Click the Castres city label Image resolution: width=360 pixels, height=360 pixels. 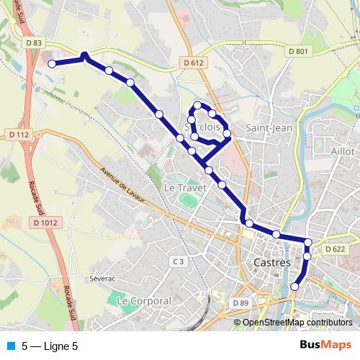coord(272,264)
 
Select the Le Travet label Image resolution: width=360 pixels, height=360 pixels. coord(185,187)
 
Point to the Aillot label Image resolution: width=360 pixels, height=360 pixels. coord(343,151)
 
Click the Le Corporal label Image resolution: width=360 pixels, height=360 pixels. coord(144,300)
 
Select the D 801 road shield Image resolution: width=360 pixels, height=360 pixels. coord(297,51)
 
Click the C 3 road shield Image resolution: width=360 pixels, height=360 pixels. coord(179,261)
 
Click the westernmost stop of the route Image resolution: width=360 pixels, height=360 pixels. coord(52,64)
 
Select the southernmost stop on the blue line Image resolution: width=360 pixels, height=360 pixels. coord(294,287)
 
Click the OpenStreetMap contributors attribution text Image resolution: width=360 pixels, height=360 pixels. coord(297,323)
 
